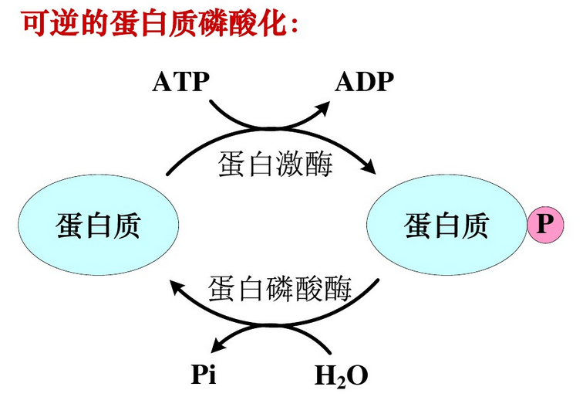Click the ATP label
pyautogui.click(x=180, y=82)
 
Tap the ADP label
pyautogui.click(x=364, y=82)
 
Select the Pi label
pyautogui.click(x=204, y=374)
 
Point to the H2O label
pyautogui.click(x=342, y=376)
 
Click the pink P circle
pyautogui.click(x=545, y=225)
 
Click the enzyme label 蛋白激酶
pyautogui.click(x=275, y=165)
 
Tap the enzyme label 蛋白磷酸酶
pyautogui.click(x=280, y=289)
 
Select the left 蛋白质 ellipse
pyautogui.click(x=99, y=225)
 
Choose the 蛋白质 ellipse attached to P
pyautogui.click(x=447, y=225)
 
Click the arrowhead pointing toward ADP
pyautogui.click(x=322, y=108)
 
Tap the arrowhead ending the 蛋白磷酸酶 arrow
pyautogui.click(x=177, y=288)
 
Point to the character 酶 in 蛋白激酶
pyautogui.click(x=318, y=165)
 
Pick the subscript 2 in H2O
pyautogui.click(x=342, y=382)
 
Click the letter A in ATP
pyautogui.click(x=162, y=82)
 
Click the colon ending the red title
pyautogui.click(x=295, y=27)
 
